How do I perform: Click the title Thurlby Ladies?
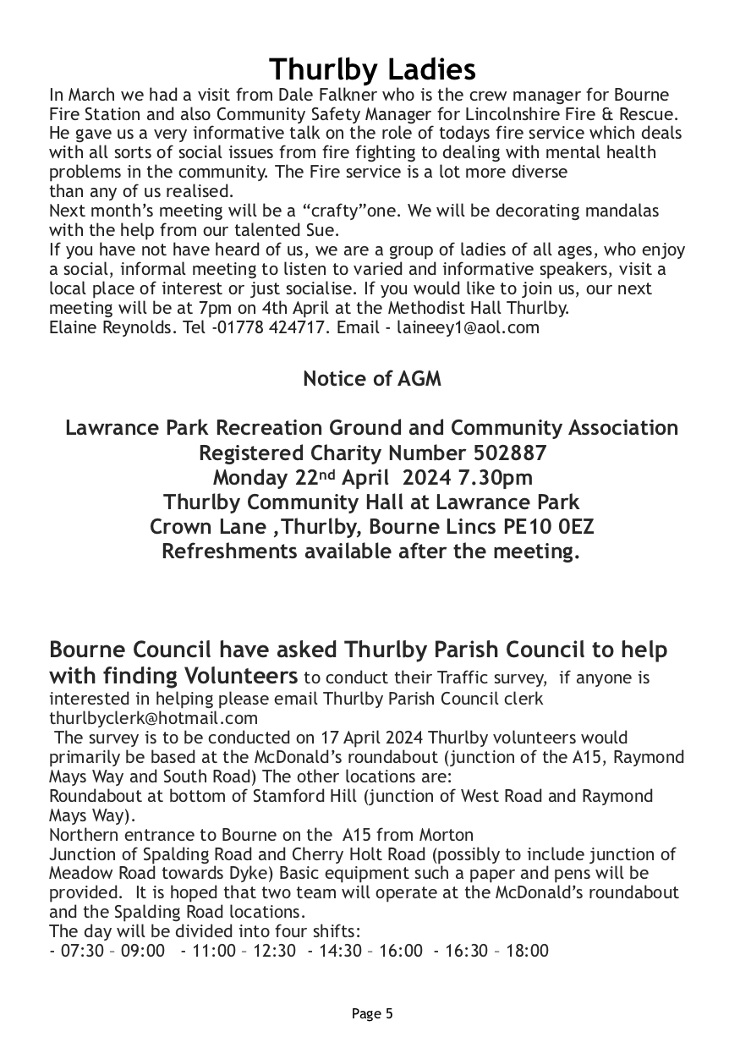pos(372,69)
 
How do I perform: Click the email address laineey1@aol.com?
pos(468,327)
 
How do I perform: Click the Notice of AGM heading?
pos(372,379)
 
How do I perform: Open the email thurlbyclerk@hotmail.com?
pos(153,718)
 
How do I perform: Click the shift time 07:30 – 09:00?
pos(112,952)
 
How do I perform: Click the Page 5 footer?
pos(372,1013)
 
